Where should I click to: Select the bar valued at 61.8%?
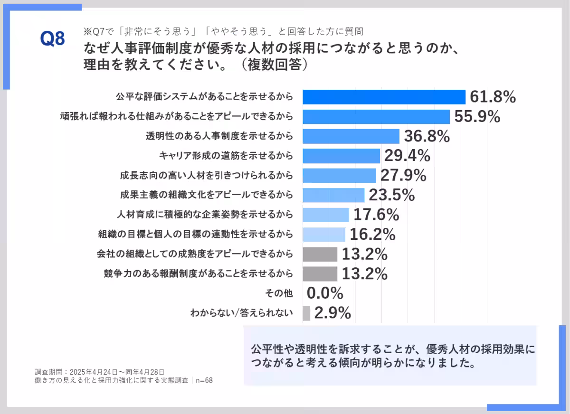(384, 97)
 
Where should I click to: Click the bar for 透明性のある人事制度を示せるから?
(351, 136)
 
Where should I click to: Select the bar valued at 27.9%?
(339, 176)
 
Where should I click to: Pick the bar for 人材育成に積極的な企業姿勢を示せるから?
(325, 215)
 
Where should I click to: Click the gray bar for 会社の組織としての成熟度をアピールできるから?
(320, 254)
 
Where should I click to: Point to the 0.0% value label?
(325, 293)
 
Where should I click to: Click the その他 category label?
(279, 293)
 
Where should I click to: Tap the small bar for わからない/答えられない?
(306, 313)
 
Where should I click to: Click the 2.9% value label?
(332, 313)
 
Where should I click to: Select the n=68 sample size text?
(204, 380)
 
